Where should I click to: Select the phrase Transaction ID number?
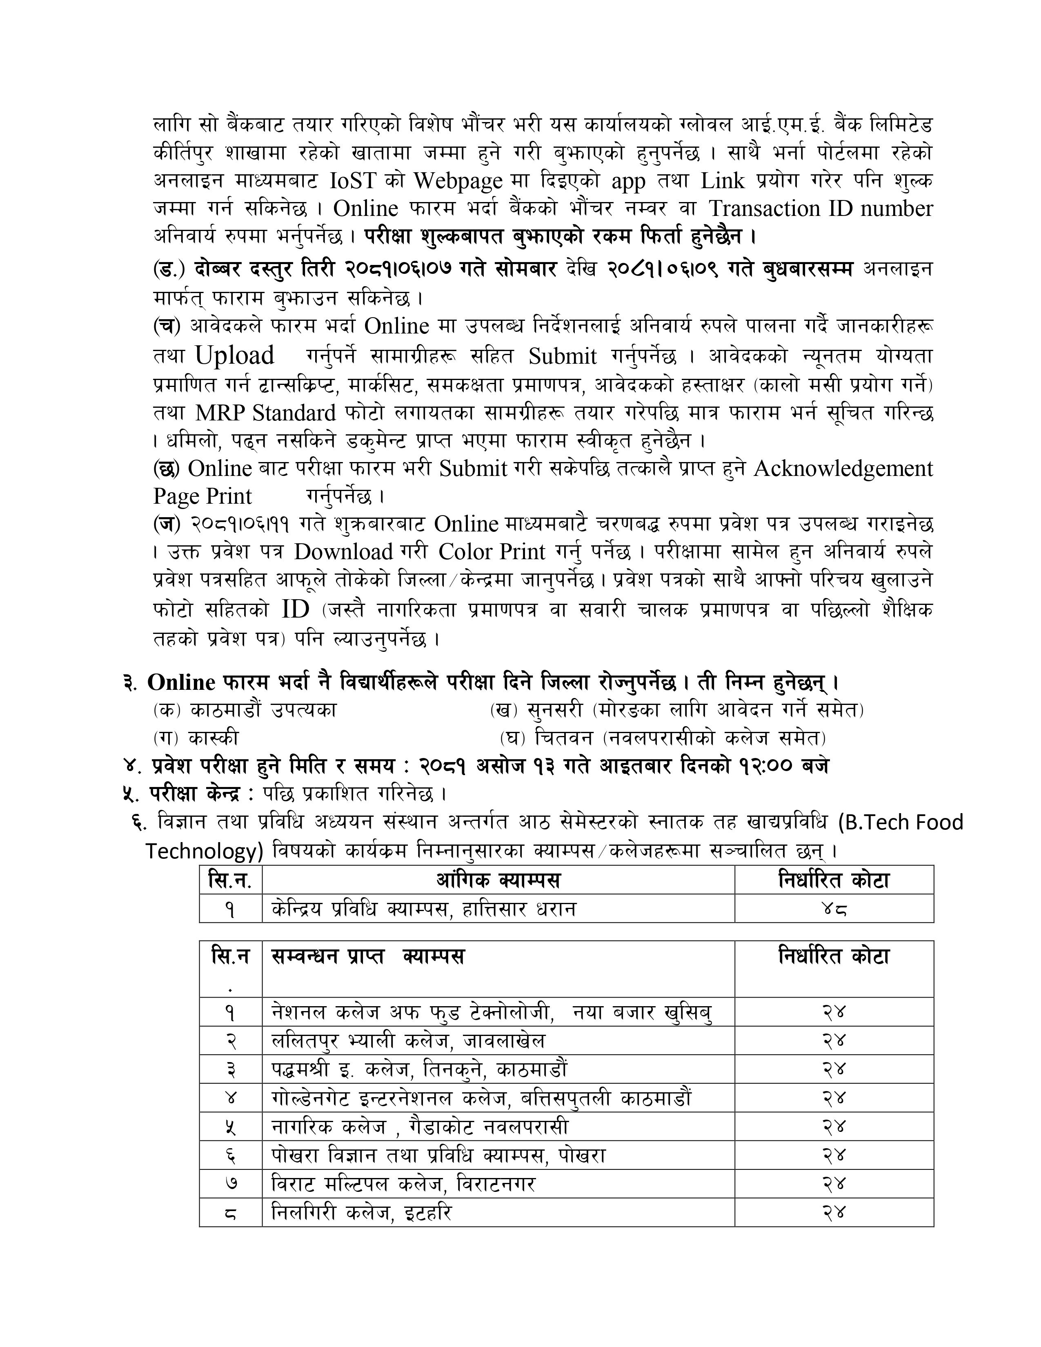820,209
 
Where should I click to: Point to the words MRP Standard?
265,413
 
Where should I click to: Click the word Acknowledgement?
843,469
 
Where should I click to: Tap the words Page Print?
202,496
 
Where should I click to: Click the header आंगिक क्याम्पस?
498,880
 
